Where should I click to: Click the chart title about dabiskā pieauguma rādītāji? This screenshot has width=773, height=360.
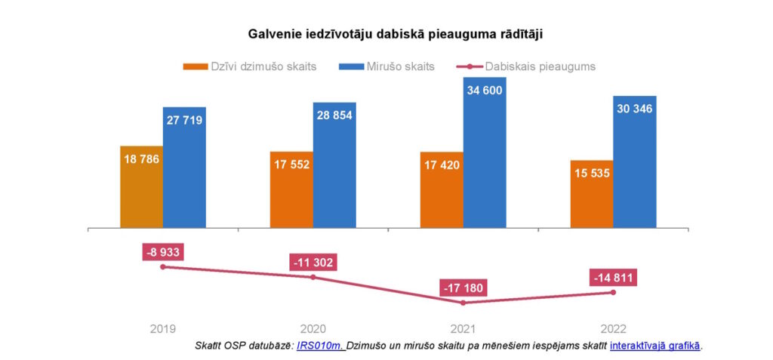396,34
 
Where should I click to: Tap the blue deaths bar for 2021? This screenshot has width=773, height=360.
485,151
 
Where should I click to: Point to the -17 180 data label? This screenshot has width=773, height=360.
463,288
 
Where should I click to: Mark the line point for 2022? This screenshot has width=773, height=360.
613,292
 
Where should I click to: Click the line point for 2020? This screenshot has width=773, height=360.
313,277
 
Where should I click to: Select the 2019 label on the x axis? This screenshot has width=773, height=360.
163,329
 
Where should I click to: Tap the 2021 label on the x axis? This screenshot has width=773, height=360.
463,329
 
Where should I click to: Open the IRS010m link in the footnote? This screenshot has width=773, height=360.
321,346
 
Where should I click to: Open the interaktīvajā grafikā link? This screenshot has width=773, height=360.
655,346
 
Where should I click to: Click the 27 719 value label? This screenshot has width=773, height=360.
184,120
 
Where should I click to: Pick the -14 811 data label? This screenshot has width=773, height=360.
613,278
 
